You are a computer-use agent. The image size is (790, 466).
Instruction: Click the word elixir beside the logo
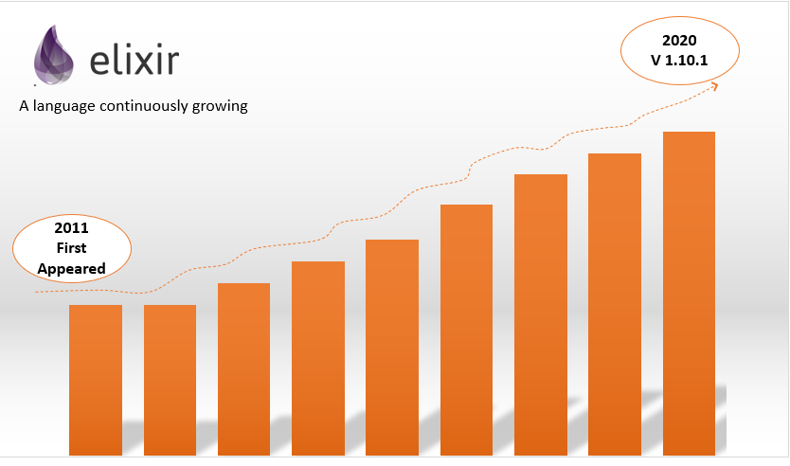pyautogui.click(x=135, y=62)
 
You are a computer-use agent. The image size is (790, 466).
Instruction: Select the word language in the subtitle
pyautogui.click(x=64, y=106)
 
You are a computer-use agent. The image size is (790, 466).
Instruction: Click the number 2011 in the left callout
pyautogui.click(x=71, y=229)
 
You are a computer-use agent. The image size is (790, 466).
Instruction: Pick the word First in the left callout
pyautogui.click(x=71, y=249)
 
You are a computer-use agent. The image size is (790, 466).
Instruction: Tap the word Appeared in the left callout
pyautogui.click(x=71, y=269)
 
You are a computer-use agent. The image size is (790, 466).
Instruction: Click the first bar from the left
pyautogui.click(x=96, y=379)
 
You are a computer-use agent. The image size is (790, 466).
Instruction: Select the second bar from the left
pyautogui.click(x=170, y=379)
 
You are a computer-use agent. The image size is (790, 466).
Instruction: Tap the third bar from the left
pyautogui.click(x=243, y=369)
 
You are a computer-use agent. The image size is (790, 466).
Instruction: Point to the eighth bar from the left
pyautogui.click(x=615, y=304)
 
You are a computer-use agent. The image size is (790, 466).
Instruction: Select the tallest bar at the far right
pyautogui.click(x=689, y=294)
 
